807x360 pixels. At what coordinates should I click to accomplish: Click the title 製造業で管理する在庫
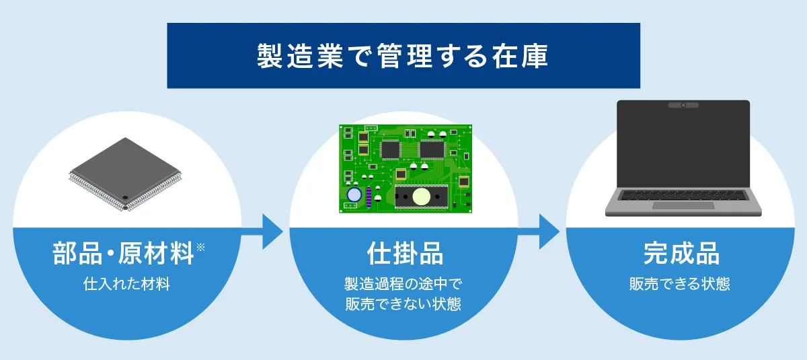(x=402, y=56)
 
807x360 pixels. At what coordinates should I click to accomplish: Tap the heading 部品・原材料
(x=124, y=253)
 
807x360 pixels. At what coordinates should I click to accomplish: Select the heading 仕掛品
(x=405, y=253)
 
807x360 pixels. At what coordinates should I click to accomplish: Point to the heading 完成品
(x=681, y=253)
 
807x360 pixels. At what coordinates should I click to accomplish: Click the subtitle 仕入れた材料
(x=126, y=284)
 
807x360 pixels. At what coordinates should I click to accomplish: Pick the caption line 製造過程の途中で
(x=403, y=284)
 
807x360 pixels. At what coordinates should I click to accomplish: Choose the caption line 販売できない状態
(x=403, y=303)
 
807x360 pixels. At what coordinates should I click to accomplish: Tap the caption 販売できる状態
(x=680, y=284)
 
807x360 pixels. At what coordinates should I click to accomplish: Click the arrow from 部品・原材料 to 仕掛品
(x=262, y=231)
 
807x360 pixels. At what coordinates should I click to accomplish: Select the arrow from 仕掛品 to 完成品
(x=539, y=231)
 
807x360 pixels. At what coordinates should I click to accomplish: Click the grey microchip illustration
(x=125, y=174)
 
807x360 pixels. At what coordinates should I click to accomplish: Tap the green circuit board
(x=406, y=169)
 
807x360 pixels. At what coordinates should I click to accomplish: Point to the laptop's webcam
(x=683, y=105)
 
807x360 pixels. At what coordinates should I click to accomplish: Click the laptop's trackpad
(x=683, y=205)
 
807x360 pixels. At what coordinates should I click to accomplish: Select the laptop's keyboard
(x=683, y=195)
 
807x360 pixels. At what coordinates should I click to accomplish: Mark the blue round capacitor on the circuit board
(x=354, y=194)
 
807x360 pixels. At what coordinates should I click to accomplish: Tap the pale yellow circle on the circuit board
(x=421, y=196)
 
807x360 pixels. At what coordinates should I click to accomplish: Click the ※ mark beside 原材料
(x=200, y=247)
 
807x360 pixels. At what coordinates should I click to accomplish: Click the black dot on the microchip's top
(x=125, y=197)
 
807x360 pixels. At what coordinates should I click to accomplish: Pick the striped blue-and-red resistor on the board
(x=369, y=197)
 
